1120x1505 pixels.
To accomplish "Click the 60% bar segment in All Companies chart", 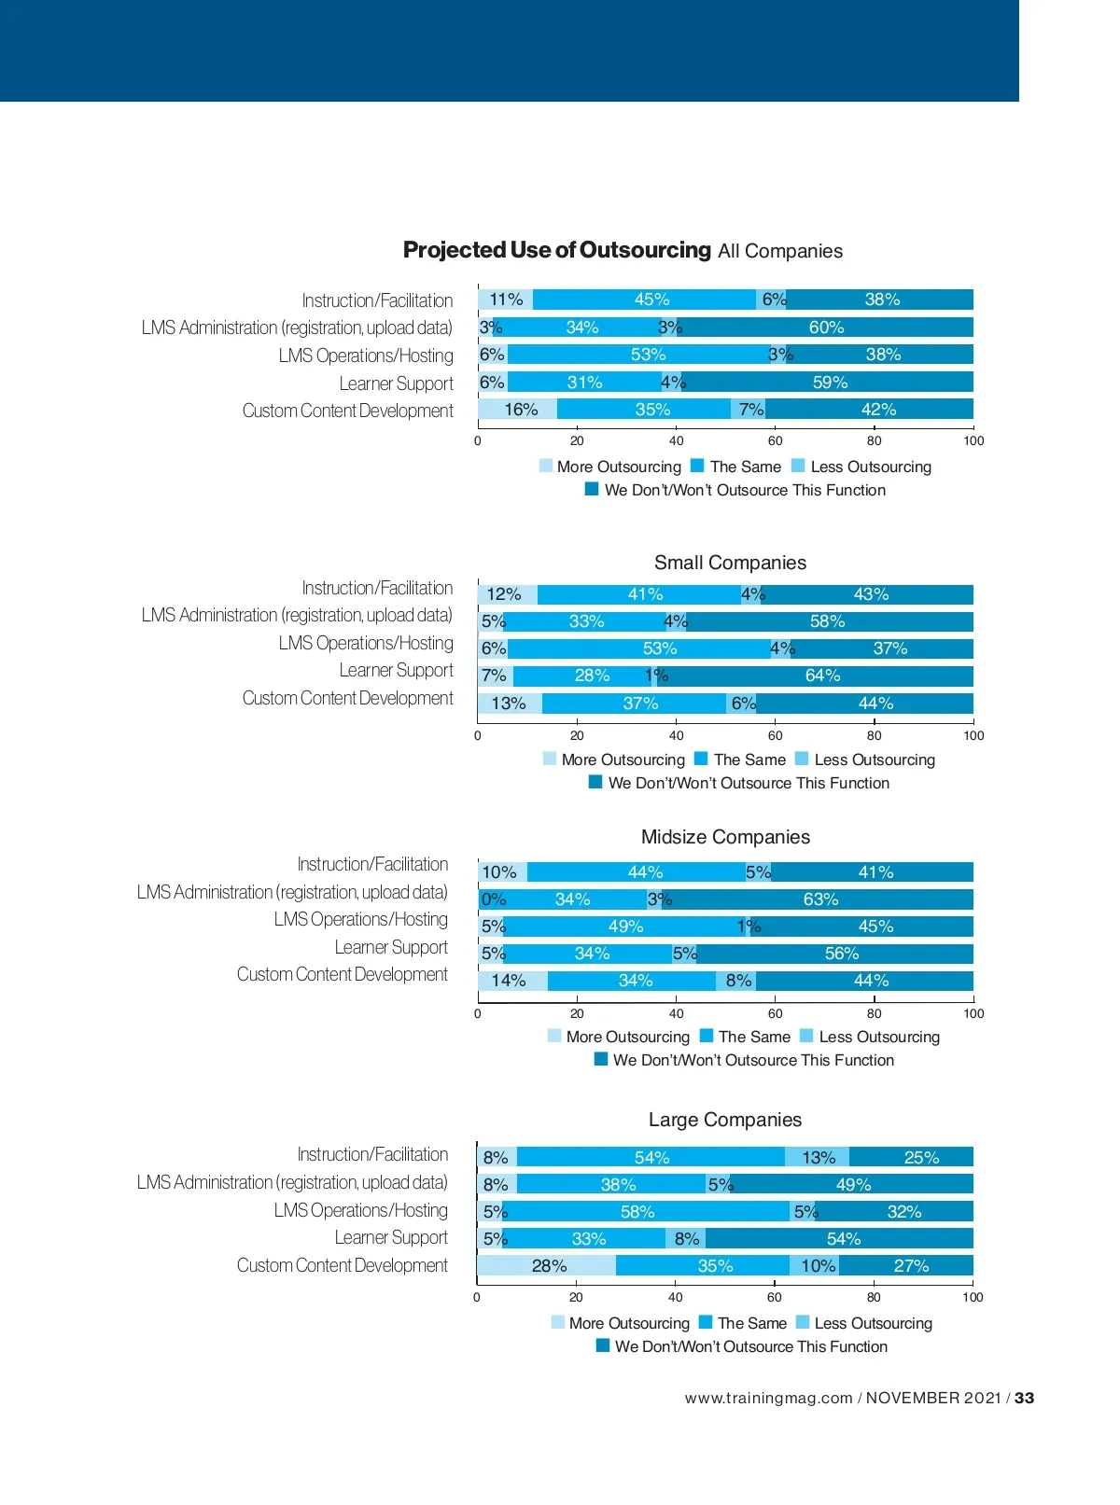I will point(826,327).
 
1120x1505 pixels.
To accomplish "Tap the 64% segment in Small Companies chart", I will point(821,676).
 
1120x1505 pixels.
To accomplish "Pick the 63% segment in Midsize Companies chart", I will point(820,899).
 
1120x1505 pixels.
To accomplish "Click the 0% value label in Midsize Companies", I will point(493,899).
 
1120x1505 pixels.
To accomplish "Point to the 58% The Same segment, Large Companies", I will point(637,1212).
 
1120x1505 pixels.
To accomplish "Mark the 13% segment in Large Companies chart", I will point(818,1158).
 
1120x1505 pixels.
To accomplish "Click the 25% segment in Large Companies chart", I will point(920,1158).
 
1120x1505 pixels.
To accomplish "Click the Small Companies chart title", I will point(730,563).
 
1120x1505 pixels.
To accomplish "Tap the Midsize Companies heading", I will point(725,837).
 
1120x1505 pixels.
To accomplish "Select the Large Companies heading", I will point(725,1120).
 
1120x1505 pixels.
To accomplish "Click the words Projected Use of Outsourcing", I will point(556,250).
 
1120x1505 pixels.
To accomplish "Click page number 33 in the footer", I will point(1024,1398).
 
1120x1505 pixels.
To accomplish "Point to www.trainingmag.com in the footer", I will point(768,1398).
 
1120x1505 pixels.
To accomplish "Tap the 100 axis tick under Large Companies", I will point(973,1297).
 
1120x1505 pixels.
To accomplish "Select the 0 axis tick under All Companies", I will point(478,441).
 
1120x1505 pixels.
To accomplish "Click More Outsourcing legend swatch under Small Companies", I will point(550,759).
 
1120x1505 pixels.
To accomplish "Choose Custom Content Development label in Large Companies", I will point(342,1266).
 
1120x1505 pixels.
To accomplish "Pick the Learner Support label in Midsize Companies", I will point(391,948).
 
